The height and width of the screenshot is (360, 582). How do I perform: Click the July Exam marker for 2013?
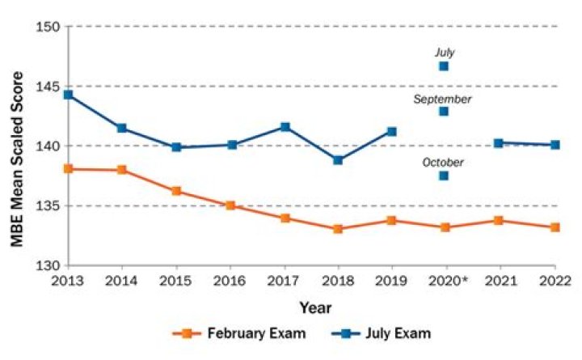[x=68, y=95]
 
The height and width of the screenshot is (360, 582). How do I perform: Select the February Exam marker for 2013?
[x=68, y=169]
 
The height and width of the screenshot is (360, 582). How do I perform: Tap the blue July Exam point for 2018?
[x=338, y=160]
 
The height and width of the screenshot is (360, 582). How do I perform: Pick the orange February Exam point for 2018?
[x=338, y=229]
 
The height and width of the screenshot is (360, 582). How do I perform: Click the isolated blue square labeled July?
[x=444, y=66]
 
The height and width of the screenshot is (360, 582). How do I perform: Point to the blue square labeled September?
[x=444, y=111]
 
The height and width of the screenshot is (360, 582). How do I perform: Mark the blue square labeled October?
[x=444, y=176]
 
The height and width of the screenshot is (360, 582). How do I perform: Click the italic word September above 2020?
[x=442, y=99]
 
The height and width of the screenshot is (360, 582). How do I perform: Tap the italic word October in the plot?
[x=444, y=163]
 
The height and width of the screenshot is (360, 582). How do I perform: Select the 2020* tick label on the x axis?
[x=447, y=281]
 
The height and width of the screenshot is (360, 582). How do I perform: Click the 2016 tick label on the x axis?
[x=230, y=281]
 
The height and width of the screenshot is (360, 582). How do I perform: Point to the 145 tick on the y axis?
[x=50, y=87]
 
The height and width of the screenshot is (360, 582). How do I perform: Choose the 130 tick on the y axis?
[x=50, y=265]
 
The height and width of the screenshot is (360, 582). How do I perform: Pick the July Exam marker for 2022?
[x=555, y=145]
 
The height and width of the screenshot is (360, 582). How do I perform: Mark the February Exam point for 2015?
[x=176, y=191]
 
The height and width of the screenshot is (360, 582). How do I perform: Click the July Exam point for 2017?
[x=285, y=127]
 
